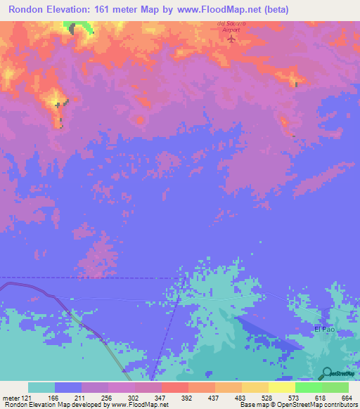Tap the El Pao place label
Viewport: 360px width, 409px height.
[x=325, y=329]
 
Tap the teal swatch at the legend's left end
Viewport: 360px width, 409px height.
[x=41, y=387]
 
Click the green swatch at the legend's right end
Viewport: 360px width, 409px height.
[x=335, y=387]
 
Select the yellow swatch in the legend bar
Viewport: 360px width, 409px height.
[x=281, y=387]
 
